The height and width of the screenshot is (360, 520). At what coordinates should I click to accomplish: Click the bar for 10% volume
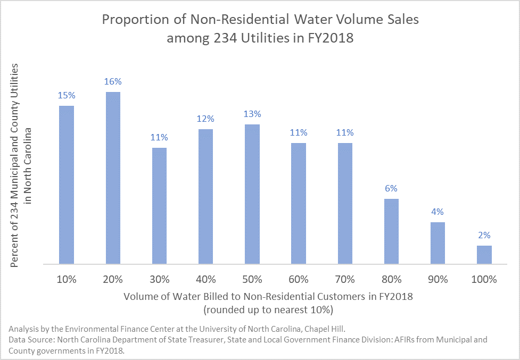click(67, 185)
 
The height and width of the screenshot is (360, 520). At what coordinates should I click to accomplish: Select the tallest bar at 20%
click(113, 178)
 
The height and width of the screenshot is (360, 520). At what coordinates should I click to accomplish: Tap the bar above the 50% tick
click(252, 194)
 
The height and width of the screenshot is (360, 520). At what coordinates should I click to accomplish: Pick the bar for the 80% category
click(391, 231)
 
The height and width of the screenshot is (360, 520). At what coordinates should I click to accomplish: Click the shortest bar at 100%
click(484, 254)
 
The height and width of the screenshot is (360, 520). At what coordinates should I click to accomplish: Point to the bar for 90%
click(438, 242)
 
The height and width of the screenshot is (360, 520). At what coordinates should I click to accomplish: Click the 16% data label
click(113, 82)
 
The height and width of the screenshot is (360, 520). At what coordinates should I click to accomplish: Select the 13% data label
click(252, 114)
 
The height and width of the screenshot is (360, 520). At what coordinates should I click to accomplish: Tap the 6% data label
click(391, 188)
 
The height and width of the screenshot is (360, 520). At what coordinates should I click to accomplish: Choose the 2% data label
click(484, 235)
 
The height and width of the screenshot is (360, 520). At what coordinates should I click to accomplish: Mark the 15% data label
click(67, 96)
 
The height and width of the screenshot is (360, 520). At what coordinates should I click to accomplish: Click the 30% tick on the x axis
click(159, 279)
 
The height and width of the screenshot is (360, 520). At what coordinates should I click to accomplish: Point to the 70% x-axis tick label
click(345, 279)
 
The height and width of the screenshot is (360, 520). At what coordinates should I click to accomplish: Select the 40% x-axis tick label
click(205, 279)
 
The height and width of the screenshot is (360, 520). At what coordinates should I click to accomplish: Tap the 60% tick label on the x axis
click(299, 279)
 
